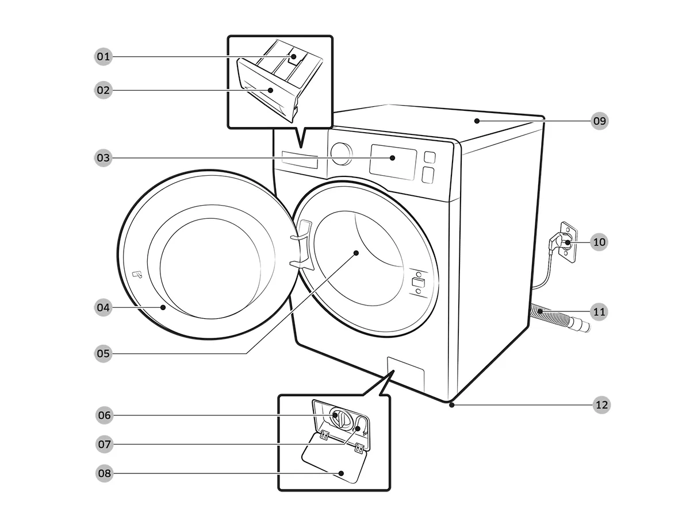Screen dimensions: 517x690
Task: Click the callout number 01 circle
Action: pos(103,56)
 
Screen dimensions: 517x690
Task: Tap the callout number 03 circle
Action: pos(103,157)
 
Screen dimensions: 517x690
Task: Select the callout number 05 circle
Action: pos(103,353)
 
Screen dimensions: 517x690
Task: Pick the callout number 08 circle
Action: pos(103,473)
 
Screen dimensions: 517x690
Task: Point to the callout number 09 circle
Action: pos(600,121)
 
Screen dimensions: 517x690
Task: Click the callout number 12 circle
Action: pos(601,405)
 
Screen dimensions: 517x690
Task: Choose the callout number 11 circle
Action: pos(599,312)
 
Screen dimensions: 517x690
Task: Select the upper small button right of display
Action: pos(429,157)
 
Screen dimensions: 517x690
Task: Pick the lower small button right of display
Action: pos(427,175)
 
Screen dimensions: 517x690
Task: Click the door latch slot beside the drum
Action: pos(418,283)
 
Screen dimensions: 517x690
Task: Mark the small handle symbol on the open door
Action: pos(136,275)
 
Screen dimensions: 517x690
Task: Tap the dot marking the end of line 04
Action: pos(164,308)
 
